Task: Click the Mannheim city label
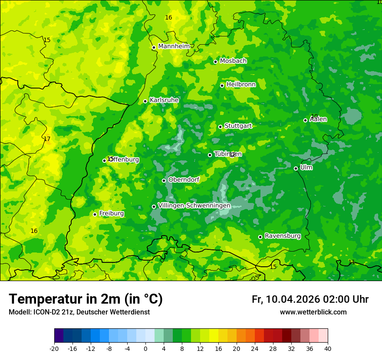(x=174, y=46)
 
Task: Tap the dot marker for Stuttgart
(x=221, y=127)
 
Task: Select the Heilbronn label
(x=241, y=85)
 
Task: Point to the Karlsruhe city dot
(x=145, y=101)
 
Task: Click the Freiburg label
(x=111, y=213)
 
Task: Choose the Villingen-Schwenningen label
(x=194, y=206)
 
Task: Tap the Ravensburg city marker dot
(x=260, y=237)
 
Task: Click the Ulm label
(x=306, y=167)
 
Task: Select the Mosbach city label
(x=233, y=61)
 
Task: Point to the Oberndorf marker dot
(x=164, y=180)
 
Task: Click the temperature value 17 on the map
(x=47, y=139)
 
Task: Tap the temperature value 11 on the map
(x=352, y=262)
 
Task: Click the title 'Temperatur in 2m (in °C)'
(x=86, y=299)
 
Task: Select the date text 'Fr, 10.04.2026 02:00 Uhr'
(x=310, y=299)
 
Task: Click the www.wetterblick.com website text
(x=313, y=312)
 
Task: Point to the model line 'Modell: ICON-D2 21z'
(x=79, y=312)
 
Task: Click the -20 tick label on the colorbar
(x=54, y=348)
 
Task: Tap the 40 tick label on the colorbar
(x=328, y=348)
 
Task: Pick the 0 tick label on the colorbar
(x=145, y=348)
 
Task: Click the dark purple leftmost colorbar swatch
(x=59, y=336)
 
